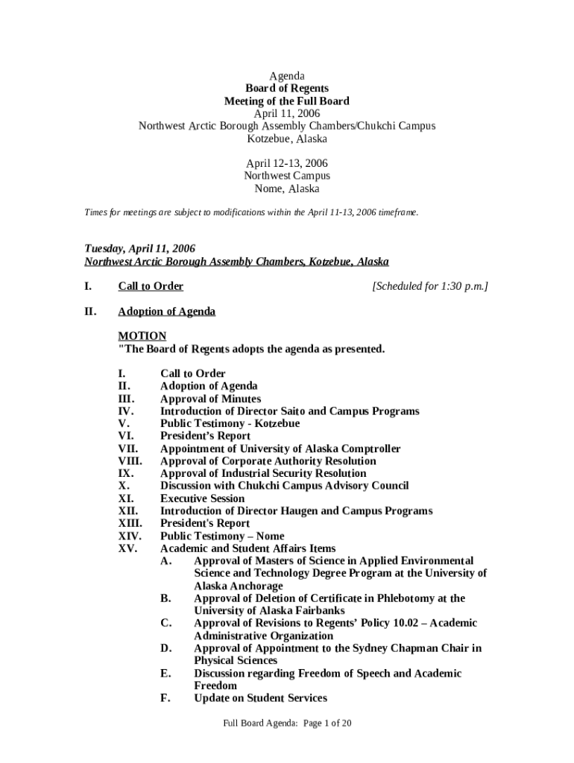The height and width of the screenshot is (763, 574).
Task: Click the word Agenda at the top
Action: (287, 76)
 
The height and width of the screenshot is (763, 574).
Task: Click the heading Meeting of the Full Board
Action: (287, 101)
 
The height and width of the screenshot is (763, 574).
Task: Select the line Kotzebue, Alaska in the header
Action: (287, 139)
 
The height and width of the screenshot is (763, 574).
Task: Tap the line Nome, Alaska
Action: (287, 189)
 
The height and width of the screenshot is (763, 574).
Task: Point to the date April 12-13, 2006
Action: (287, 163)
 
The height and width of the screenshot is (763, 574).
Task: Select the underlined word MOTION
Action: (142, 336)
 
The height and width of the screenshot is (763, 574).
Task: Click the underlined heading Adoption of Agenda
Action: (166, 311)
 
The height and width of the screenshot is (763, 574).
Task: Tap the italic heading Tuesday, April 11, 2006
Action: (139, 249)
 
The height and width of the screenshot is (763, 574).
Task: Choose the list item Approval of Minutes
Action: (210, 399)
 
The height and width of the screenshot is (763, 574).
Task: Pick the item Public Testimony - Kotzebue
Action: (230, 423)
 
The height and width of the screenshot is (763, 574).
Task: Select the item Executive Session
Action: (202, 498)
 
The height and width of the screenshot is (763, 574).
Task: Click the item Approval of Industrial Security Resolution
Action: (263, 473)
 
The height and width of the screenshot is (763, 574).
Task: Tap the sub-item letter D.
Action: (166, 648)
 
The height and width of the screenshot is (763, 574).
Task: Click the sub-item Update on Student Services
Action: (260, 698)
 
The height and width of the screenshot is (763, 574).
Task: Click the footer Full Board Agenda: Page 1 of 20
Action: (287, 723)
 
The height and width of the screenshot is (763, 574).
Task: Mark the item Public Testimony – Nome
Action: (222, 536)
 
